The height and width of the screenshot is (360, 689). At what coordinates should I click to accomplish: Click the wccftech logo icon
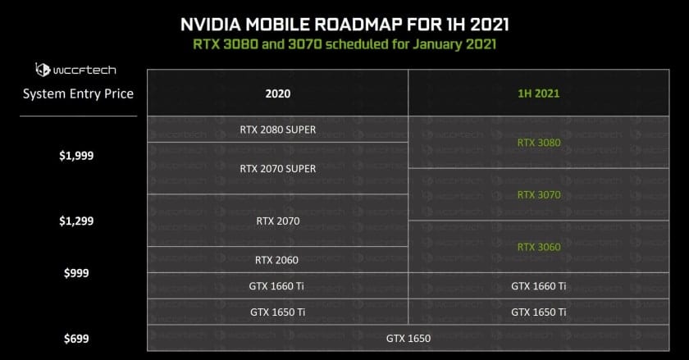point(43,70)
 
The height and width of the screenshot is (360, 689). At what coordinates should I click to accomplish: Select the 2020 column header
point(278,93)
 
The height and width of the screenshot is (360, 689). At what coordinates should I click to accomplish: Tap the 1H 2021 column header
point(539,93)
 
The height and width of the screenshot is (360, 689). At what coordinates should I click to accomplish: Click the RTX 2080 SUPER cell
point(278,130)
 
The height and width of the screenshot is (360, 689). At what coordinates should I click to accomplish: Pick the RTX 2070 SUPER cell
point(278,169)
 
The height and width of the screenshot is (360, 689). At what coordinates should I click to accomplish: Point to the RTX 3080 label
point(539,143)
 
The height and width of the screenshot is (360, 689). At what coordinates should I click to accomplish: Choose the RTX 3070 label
point(539,194)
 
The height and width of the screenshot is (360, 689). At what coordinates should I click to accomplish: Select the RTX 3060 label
point(539,247)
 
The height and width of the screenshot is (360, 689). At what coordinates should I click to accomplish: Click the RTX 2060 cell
point(277,260)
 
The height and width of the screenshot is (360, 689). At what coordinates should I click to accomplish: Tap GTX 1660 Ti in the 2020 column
point(276,286)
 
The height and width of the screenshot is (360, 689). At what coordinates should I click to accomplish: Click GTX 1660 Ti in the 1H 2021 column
point(539,286)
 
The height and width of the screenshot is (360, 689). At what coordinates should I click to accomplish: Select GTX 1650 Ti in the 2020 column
point(278,312)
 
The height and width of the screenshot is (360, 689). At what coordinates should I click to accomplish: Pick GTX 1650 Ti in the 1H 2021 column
point(539,312)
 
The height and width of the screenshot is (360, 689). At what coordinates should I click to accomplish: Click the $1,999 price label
point(76,156)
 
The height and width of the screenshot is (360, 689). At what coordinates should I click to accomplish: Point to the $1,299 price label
point(76,221)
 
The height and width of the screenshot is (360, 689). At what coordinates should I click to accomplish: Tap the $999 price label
point(76,273)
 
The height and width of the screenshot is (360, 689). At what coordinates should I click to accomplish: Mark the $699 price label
point(76,339)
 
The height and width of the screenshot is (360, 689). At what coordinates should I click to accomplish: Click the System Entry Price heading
point(78,94)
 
